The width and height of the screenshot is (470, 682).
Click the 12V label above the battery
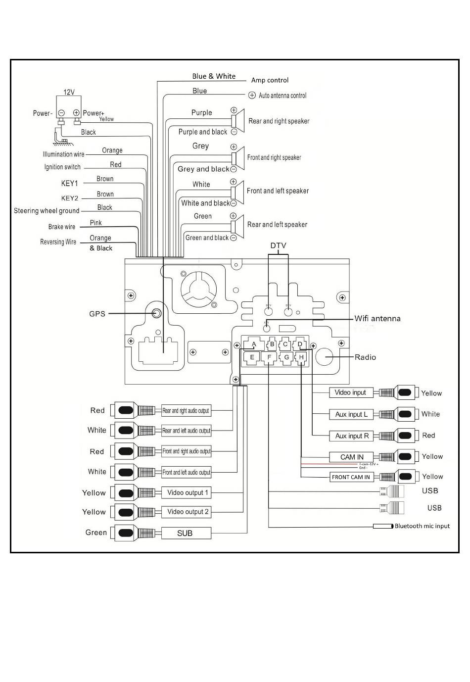(69, 92)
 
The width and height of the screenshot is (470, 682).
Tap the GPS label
(97, 314)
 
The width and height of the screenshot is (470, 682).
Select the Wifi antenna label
(377, 319)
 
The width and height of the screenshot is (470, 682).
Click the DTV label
(278, 246)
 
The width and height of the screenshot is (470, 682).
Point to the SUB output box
(186, 533)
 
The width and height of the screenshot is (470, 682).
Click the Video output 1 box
(187, 493)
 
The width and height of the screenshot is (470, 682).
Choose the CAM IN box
(351, 457)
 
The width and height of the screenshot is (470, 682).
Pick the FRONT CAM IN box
(351, 477)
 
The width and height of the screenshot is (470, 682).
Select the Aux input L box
(351, 414)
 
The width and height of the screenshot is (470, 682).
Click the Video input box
(350, 392)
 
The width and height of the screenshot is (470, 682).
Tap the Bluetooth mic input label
(422, 526)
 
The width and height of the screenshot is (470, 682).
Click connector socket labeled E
(252, 357)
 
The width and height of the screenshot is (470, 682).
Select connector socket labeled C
(285, 344)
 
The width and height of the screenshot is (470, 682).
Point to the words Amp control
(270, 80)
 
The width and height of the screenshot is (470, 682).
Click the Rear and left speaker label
(277, 225)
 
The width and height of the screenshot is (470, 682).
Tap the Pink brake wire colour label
(96, 223)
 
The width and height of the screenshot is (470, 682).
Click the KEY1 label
(70, 184)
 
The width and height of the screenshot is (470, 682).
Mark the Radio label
(365, 357)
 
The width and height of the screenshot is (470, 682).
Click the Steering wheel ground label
(47, 211)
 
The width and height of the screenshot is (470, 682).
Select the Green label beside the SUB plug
(96, 533)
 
